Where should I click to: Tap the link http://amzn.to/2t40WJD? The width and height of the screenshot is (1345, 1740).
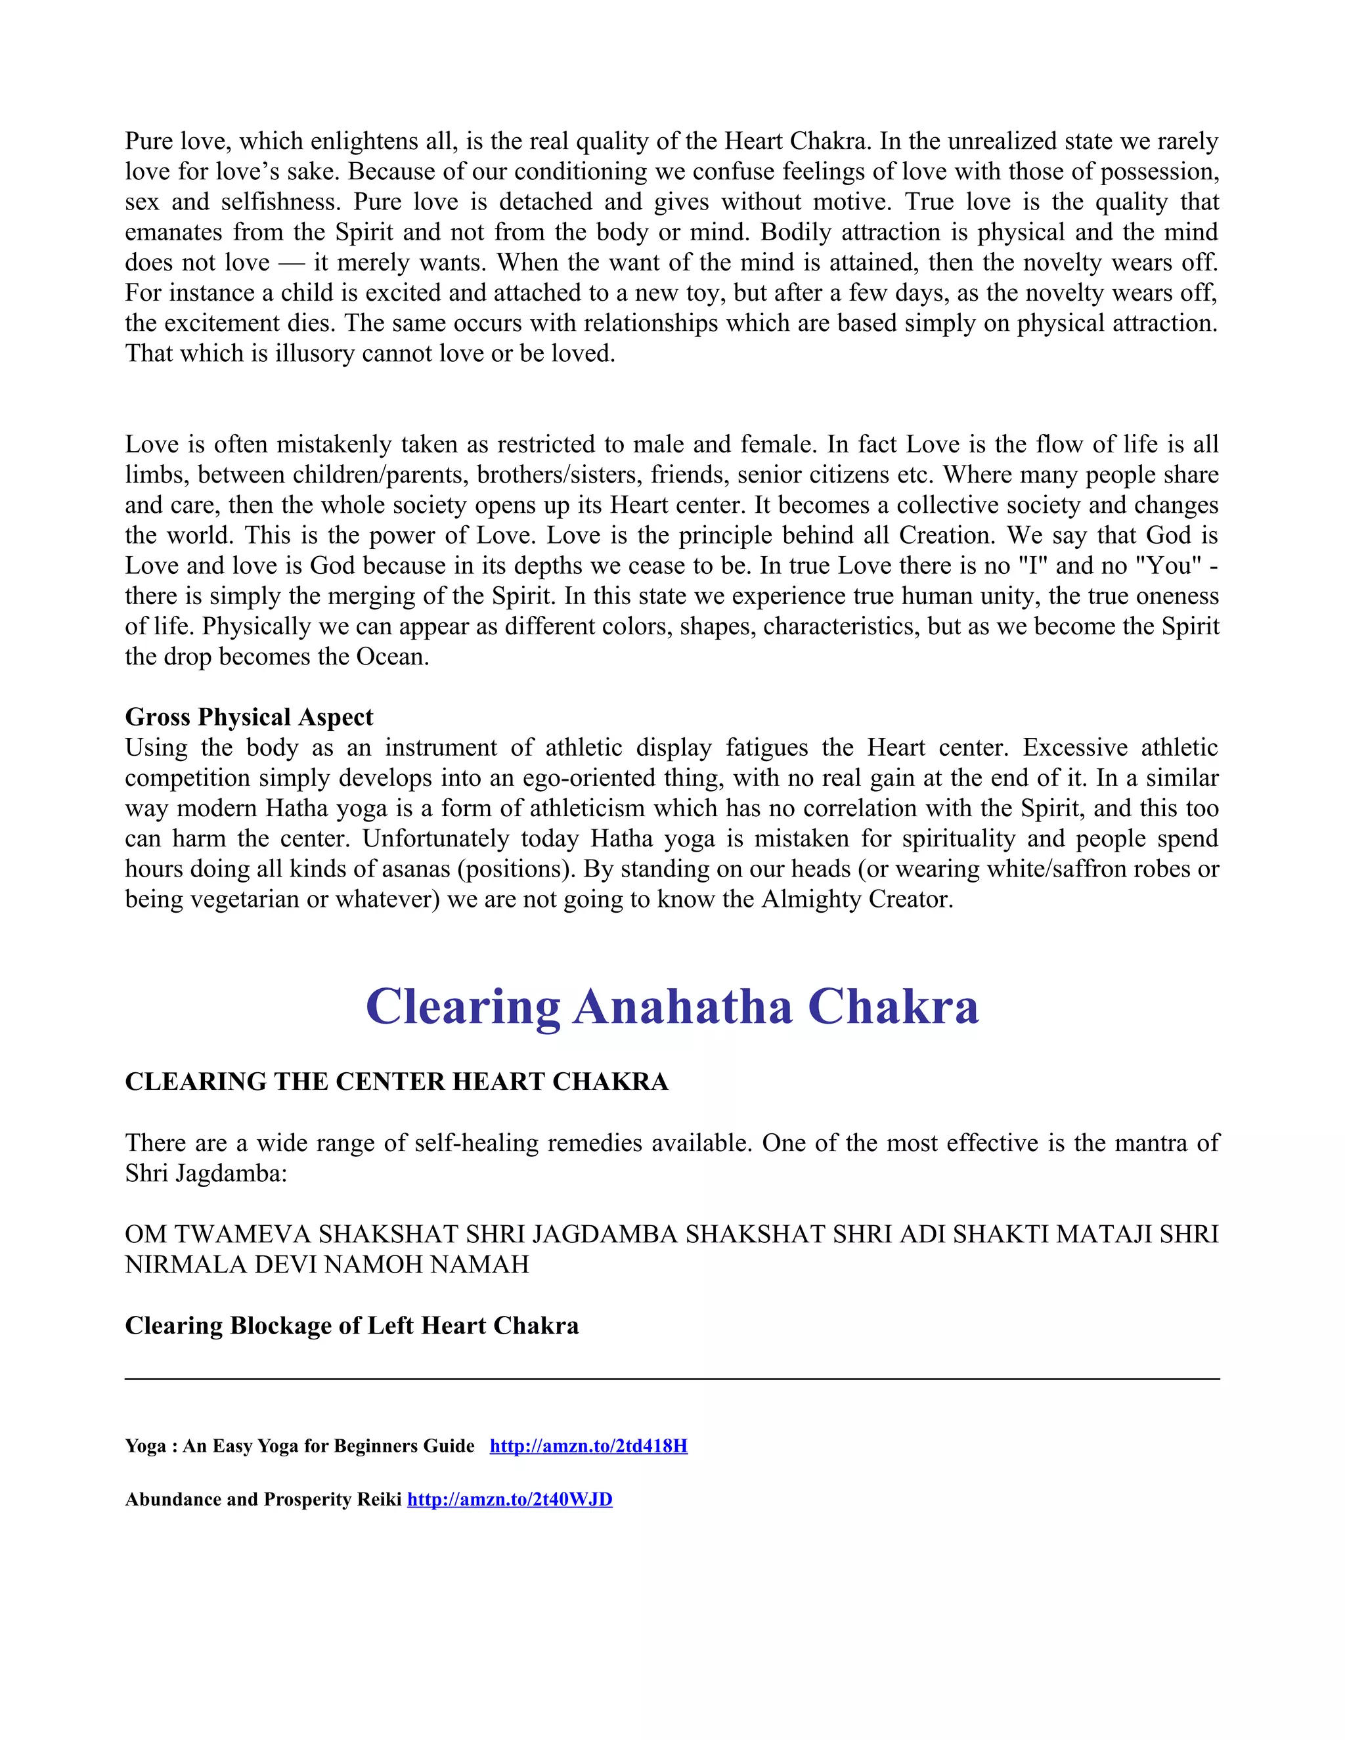click(509, 1500)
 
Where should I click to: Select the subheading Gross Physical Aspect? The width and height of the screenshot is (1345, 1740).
click(249, 717)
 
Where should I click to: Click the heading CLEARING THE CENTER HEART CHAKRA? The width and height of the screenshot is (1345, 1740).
click(396, 1082)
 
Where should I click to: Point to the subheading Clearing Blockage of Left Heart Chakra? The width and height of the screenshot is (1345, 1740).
click(351, 1326)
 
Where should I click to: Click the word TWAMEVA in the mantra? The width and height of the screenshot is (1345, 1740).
click(242, 1234)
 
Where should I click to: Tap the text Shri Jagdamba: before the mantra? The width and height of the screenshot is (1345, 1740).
click(206, 1173)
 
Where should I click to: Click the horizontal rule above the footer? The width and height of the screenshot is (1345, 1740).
click(672, 1379)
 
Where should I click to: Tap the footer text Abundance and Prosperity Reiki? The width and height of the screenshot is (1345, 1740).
click(263, 1500)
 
